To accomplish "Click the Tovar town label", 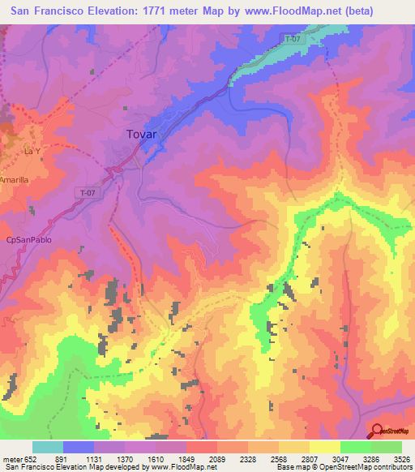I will tap(143, 135).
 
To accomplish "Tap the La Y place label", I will tap(32, 152).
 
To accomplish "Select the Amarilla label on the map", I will tap(14, 179).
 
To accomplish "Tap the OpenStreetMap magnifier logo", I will tap(377, 431).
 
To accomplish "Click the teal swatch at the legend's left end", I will tap(47, 448).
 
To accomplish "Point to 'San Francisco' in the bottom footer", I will tap(28, 466).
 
